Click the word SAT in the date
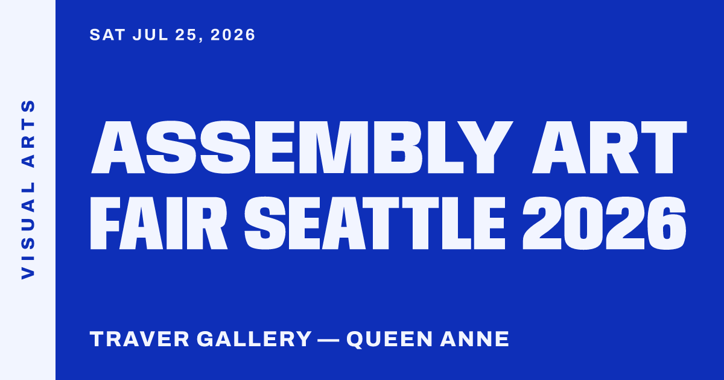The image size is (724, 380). click(107, 34)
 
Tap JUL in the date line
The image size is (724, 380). click(151, 34)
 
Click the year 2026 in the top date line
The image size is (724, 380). click(233, 34)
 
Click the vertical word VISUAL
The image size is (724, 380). click(28, 231)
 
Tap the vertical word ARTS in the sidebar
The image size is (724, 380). click(28, 134)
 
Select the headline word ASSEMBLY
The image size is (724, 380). click(302, 147)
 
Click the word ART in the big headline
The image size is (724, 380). click(609, 147)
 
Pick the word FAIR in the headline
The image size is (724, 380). click(159, 223)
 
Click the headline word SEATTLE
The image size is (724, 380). click(375, 223)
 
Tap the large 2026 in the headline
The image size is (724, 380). click(605, 223)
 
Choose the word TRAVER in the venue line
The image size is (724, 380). click(139, 339)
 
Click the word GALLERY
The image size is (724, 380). click(254, 339)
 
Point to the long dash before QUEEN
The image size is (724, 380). click(329, 340)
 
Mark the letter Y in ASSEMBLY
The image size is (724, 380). click(486, 147)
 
